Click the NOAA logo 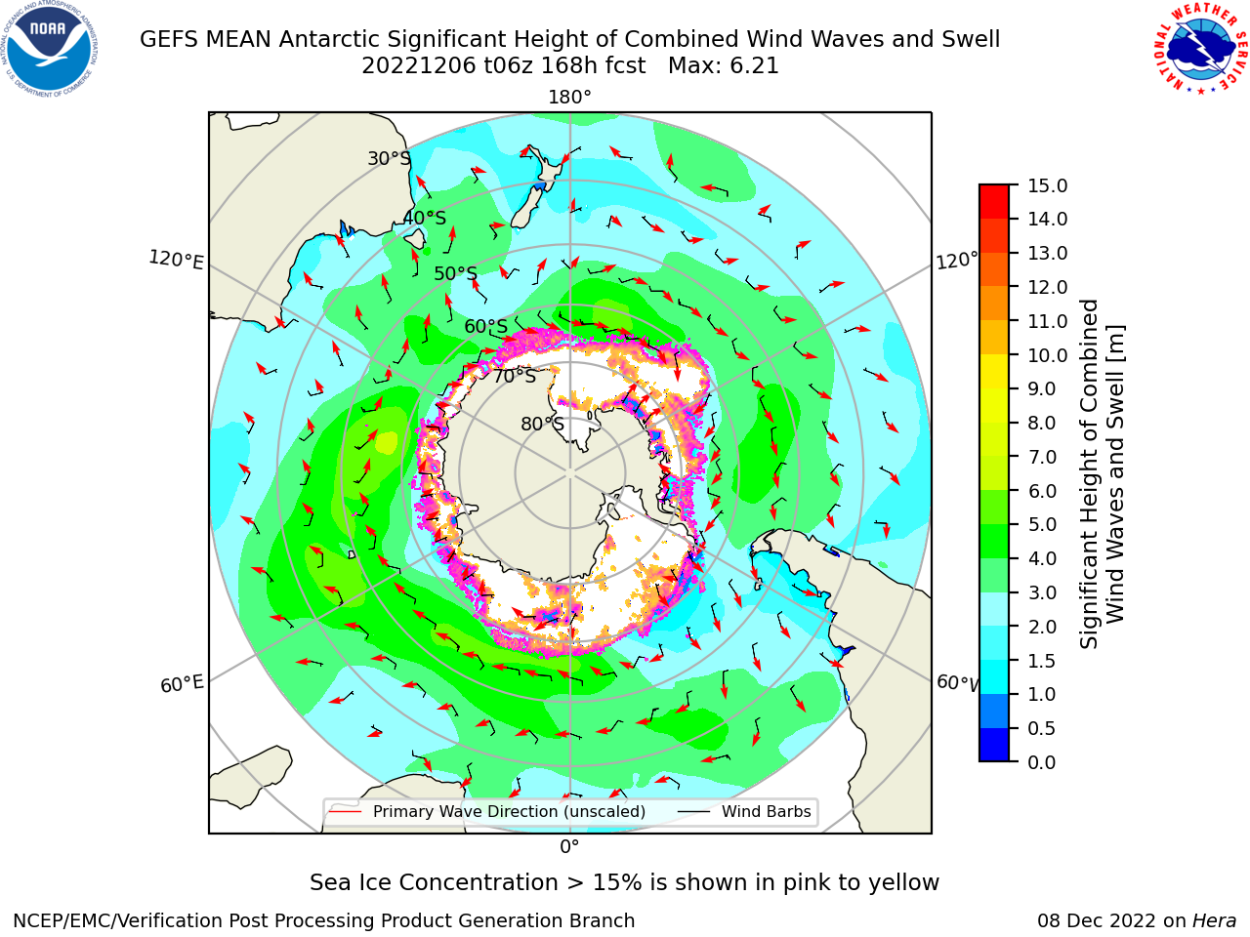click(x=50, y=49)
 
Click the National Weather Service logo click(x=1200, y=49)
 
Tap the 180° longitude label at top click(x=569, y=98)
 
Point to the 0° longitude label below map click(x=569, y=847)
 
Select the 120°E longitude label click(x=176, y=260)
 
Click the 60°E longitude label click(x=182, y=684)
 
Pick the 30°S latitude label click(x=389, y=158)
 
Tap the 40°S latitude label click(x=425, y=218)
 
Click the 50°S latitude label click(x=456, y=273)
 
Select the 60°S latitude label click(x=485, y=327)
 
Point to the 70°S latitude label click(x=515, y=377)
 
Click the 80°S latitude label click(x=542, y=424)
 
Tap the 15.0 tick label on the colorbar click(x=1047, y=186)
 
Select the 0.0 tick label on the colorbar click(x=1042, y=762)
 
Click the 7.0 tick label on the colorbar click(x=1042, y=457)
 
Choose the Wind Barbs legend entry click(x=744, y=812)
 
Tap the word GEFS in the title click(x=169, y=40)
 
